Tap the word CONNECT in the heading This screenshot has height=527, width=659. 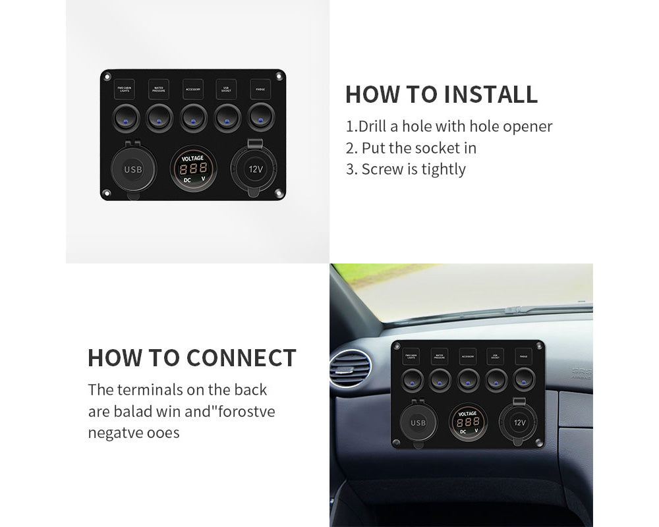tap(241, 358)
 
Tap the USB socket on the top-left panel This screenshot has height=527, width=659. tap(132, 169)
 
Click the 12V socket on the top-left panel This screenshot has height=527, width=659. tap(254, 169)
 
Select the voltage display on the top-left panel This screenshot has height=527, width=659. tap(193, 168)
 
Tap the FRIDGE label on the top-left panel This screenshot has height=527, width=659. tap(260, 88)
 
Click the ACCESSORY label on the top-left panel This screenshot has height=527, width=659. tap(193, 88)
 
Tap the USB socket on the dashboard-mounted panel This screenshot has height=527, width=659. tap(418, 422)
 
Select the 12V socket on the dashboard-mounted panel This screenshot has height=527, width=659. tap(519, 422)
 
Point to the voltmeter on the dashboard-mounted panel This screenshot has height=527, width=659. tap(469, 422)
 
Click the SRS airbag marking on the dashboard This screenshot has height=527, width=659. tap(581, 373)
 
